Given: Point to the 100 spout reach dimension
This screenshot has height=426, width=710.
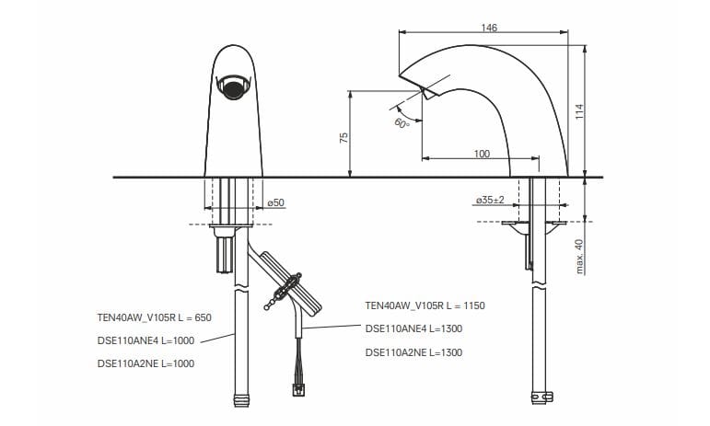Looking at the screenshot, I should point(482,154).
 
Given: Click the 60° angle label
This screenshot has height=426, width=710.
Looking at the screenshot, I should point(402,123).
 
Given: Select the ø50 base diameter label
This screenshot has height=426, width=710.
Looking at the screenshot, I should point(274,201).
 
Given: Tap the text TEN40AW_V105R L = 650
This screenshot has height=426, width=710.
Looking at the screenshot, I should point(154,317).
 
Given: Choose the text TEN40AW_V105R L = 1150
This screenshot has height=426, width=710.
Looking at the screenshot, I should point(425,305).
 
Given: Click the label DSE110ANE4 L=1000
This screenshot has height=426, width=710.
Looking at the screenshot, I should point(145,340).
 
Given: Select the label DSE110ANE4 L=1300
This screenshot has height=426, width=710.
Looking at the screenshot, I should point(413,328).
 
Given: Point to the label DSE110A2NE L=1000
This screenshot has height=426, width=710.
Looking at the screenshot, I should point(145,363).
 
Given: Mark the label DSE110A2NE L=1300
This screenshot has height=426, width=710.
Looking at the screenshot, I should point(413,351).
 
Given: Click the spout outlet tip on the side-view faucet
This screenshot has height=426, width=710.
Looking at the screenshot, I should point(426,93).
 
